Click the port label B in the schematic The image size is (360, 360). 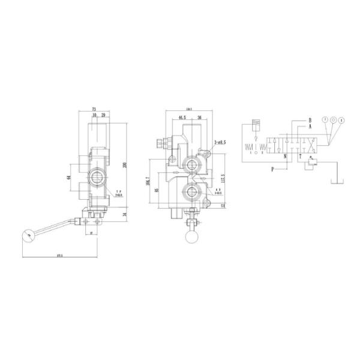[x=311, y=120]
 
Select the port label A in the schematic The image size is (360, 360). [x=311, y=127]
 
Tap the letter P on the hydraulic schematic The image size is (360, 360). [x=272, y=169]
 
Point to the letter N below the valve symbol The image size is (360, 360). [x=285, y=157]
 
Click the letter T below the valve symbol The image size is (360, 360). [x=301, y=157]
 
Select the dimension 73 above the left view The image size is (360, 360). [x=94, y=109]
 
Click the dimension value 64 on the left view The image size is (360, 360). [x=69, y=177]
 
